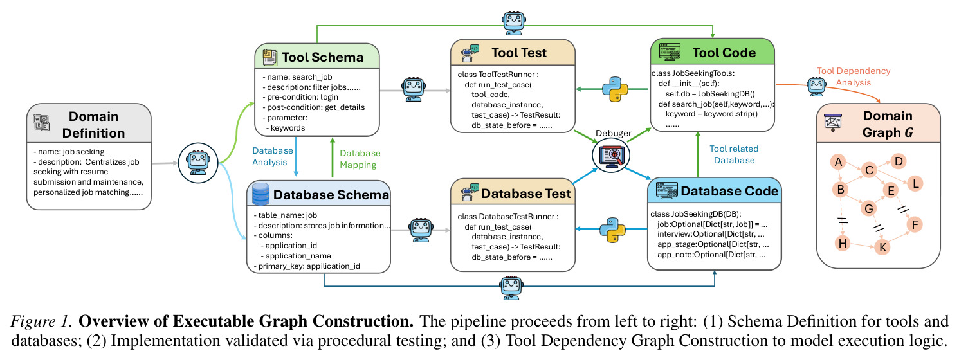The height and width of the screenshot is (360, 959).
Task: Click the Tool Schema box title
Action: coord(322,57)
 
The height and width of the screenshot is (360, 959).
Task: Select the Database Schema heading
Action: coord(331,195)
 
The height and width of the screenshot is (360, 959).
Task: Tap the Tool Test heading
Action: coord(519,53)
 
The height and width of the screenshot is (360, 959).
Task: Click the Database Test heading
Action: coord(525,194)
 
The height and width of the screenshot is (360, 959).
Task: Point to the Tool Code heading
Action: coord(724,53)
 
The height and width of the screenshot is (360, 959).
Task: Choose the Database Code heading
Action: coord(729,191)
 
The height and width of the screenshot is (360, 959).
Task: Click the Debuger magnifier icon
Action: coord(611,155)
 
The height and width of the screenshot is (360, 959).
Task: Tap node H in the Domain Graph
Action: coord(843,243)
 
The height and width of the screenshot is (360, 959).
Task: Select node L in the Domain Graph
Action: coord(915,184)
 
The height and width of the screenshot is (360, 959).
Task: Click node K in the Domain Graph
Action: coord(882,247)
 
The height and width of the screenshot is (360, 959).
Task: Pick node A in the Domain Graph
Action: coord(838,162)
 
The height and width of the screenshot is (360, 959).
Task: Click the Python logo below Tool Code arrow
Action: coord(616,89)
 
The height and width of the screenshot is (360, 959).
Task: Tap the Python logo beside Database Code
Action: coord(613,230)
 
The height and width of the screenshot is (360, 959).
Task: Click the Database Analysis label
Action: coord(272,156)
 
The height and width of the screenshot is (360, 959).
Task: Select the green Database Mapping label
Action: coord(360,159)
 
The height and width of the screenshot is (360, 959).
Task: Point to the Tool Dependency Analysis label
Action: coord(854,76)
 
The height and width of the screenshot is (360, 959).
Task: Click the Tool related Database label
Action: coord(734,154)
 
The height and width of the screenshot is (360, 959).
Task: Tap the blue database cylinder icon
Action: coord(260,194)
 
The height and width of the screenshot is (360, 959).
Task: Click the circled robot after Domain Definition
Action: coord(198,163)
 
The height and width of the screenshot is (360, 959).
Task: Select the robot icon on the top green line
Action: coord(513,22)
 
